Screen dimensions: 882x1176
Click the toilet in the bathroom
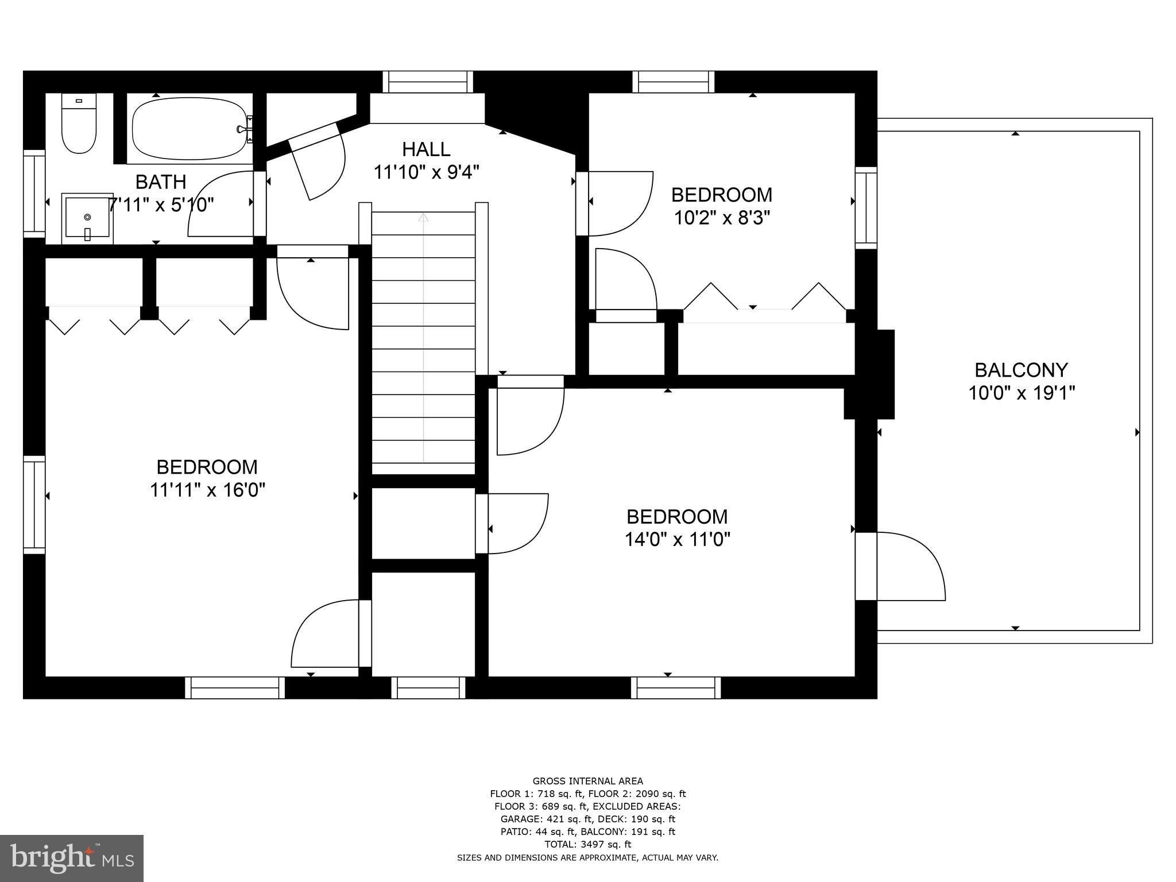coord(79,125)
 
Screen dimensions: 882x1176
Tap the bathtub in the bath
coord(189,129)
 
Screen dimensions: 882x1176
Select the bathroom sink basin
coord(87,218)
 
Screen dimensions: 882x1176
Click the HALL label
coord(426,149)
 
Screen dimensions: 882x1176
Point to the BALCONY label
coord(1021,370)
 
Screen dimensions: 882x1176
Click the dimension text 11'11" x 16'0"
coord(207,490)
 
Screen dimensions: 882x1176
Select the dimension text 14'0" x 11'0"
coord(677,540)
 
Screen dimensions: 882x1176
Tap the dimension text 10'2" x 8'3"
coord(722,218)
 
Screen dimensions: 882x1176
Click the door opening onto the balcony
coord(907,566)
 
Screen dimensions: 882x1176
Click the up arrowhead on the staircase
coord(423,217)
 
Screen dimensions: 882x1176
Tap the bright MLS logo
coord(72,858)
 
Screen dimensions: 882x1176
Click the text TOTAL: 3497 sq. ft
coord(587,844)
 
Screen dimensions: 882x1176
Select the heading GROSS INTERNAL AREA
coord(587,781)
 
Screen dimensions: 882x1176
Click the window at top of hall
coord(428,82)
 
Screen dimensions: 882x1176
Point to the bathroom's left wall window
coord(34,194)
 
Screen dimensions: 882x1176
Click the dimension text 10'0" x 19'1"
coord(1021,393)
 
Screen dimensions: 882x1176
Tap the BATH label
coord(161,182)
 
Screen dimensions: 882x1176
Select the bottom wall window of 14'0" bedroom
coord(676,687)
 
